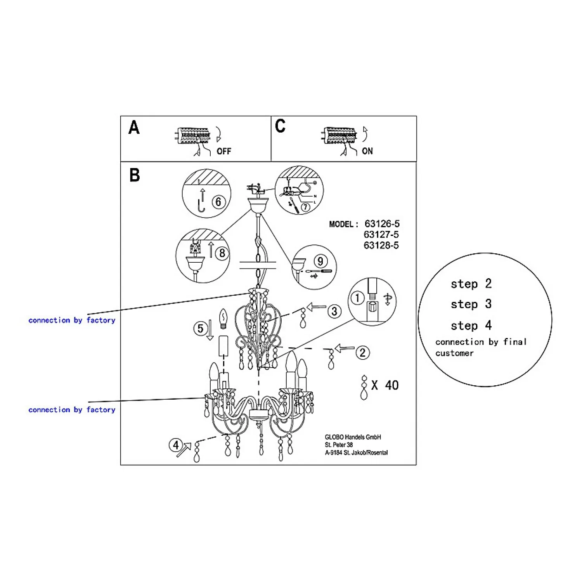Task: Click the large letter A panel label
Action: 134,128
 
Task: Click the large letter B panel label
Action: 135,175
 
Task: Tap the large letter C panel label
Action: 280,126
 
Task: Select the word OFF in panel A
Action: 224,151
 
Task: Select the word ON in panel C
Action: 367,151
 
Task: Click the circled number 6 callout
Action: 218,202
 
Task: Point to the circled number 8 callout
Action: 222,253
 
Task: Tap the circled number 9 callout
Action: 320,261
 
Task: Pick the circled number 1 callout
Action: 357,298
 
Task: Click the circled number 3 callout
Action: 334,311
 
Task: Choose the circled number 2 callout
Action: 362,353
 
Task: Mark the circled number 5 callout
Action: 200,329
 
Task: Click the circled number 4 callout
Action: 176,445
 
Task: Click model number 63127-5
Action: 381,235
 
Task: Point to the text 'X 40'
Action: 385,385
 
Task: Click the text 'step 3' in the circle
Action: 471,304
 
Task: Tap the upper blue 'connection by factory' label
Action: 72,320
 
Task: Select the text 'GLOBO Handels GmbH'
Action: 353,437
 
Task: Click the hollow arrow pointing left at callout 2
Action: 345,348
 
